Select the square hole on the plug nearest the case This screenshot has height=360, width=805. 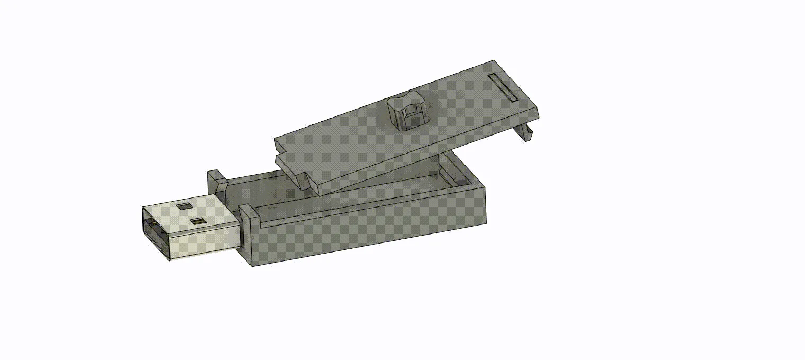pyautogui.click(x=198, y=221)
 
